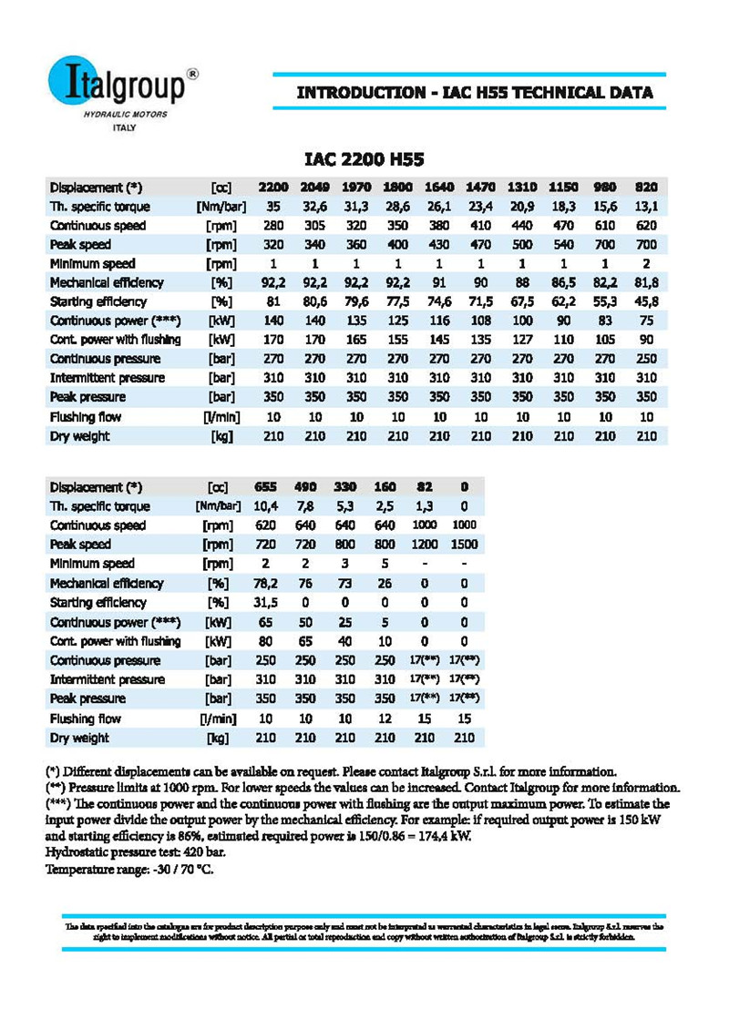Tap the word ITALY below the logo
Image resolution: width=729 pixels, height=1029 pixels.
coord(124,128)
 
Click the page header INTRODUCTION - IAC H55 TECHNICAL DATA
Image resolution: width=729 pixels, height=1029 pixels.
coord(475,93)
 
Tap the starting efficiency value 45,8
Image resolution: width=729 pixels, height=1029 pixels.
coord(646,302)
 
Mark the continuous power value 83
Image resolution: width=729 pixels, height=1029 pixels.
coord(605,321)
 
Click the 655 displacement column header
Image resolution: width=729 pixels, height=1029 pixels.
coord(265,487)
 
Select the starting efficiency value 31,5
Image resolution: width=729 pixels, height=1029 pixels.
coord(265,602)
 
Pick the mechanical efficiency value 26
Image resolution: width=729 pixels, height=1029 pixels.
coord(385,583)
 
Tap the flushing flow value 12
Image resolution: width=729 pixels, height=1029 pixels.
coord(385,718)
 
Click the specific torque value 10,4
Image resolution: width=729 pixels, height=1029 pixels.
coord(265,506)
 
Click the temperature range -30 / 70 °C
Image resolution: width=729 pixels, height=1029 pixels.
coord(181,870)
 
